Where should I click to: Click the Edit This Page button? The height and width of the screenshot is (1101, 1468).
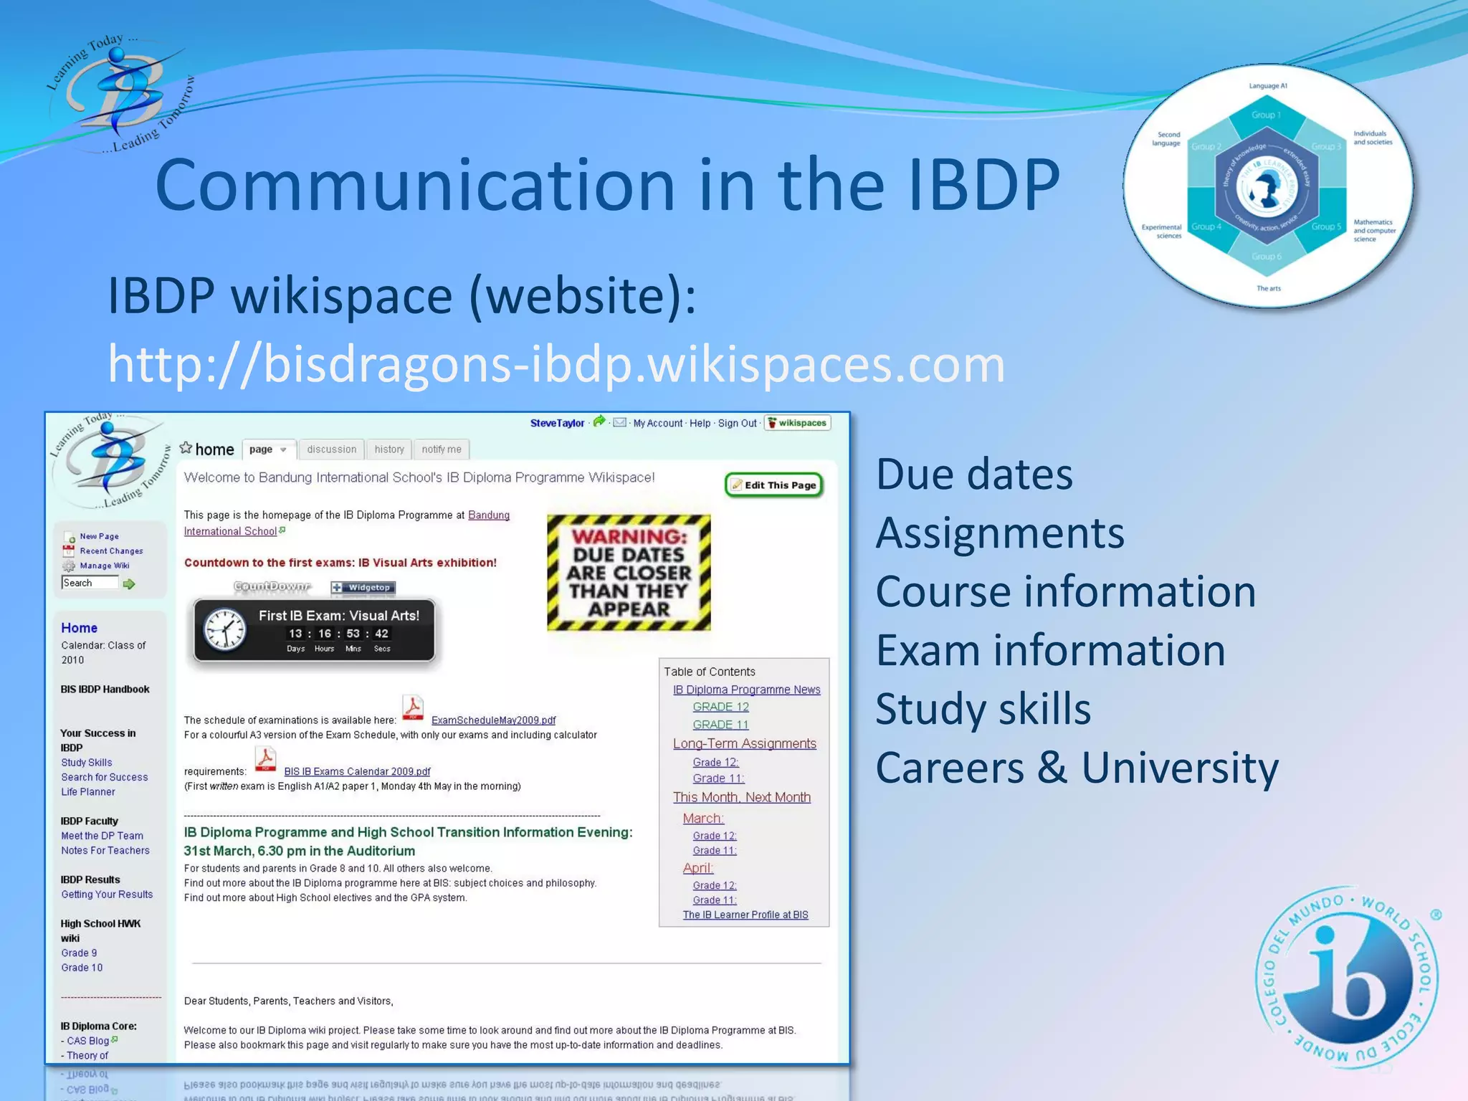774,485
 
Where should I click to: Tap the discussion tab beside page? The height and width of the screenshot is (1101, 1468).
331,449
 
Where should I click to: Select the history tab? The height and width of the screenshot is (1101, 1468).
389,449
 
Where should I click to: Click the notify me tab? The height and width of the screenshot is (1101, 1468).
441,449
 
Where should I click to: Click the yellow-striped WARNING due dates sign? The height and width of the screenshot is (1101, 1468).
629,573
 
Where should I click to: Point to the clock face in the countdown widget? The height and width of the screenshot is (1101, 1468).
225,631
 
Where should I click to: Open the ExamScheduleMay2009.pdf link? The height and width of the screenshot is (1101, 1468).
493,720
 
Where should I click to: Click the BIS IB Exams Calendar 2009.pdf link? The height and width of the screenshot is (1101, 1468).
357,772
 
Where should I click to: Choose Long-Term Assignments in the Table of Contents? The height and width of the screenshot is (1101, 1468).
744,744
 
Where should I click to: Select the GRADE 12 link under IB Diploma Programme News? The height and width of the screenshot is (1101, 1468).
720,707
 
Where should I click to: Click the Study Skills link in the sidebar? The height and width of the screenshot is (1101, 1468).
87,763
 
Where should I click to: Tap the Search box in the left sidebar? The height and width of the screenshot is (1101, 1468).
90,583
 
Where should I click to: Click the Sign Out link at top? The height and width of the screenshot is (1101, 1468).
737,424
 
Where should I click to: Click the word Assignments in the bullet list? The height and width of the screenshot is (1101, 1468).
999,533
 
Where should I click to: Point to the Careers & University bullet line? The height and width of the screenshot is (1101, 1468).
1076,768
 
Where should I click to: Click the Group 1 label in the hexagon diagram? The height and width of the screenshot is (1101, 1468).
1266,115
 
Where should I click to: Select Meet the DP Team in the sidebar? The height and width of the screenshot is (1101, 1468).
102,836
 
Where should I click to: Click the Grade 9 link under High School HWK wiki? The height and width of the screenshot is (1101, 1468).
79,953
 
